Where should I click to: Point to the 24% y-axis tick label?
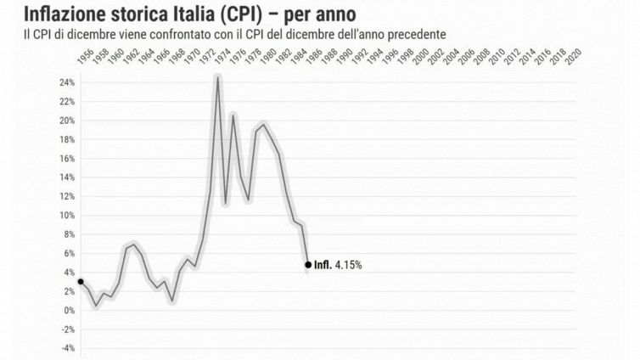pos(67,82)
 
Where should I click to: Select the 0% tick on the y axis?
pos(70,310)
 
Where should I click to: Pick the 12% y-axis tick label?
pos(67,196)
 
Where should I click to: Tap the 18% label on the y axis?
pos(67,139)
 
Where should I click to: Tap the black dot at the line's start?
pos(81,281)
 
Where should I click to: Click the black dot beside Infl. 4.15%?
pos(307,264)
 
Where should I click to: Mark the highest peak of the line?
pos(217,78)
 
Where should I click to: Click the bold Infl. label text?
pos(323,265)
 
